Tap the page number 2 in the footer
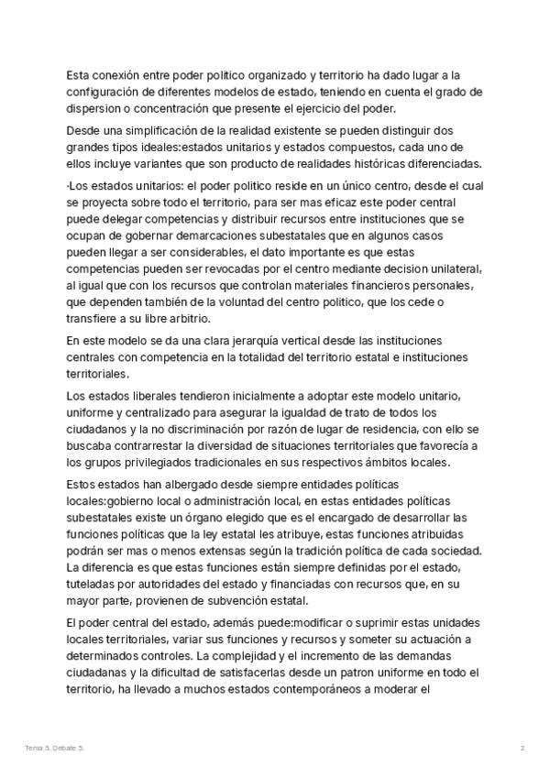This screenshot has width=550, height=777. (522, 749)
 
